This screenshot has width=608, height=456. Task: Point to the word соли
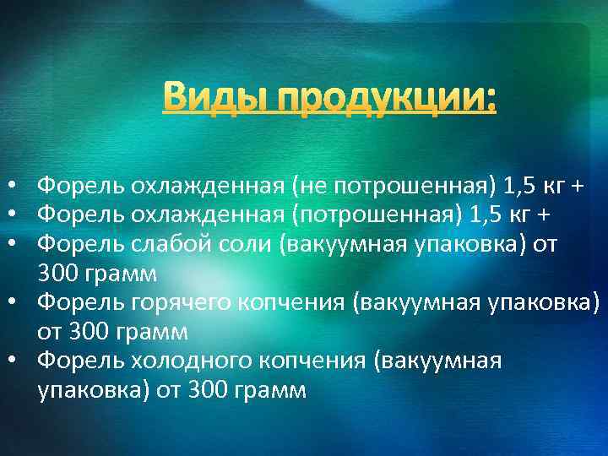226,244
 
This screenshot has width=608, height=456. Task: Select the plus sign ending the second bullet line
544,214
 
